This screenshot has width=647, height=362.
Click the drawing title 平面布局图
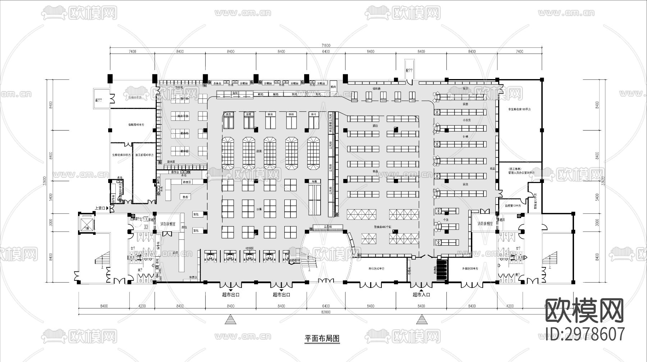[x=322, y=338]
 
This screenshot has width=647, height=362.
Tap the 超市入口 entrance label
[x=421, y=294]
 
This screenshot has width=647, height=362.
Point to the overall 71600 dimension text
[x=326, y=46]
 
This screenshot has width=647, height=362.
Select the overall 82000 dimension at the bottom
[x=326, y=312]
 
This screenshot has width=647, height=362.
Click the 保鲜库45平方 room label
[x=136, y=125]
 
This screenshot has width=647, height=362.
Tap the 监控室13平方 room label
[x=513, y=206]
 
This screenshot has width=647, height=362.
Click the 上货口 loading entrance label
[x=100, y=208]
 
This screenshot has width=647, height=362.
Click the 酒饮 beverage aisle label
[x=375, y=126]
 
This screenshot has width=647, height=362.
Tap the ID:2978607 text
[x=585, y=334]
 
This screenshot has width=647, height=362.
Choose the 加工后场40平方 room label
[x=144, y=155]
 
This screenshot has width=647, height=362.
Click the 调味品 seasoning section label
[x=376, y=88]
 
